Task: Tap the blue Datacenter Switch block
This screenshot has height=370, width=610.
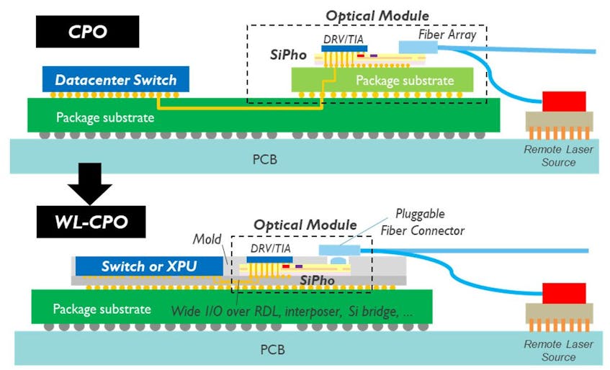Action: click(115, 79)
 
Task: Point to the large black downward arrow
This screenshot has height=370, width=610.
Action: click(89, 183)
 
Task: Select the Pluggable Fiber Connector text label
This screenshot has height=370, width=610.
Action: click(430, 222)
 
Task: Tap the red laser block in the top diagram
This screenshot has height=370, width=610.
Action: click(564, 101)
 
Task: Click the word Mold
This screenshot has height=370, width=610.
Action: click(207, 238)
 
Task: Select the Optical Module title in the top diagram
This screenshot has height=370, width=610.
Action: click(377, 15)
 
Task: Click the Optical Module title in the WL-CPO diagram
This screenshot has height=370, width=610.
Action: click(305, 225)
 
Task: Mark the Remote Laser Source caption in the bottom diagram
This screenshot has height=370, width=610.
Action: click(558, 351)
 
